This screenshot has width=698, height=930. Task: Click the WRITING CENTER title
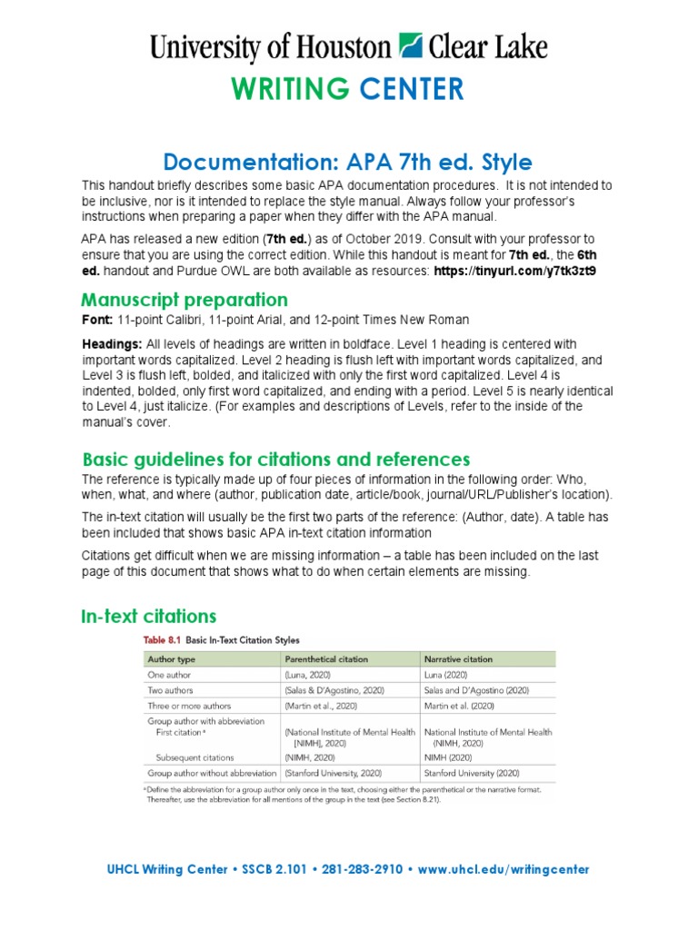pos(347,89)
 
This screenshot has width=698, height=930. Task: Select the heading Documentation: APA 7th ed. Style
pos(347,163)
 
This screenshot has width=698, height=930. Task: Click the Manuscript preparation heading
pos(184,300)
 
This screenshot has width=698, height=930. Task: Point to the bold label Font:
pos(97,320)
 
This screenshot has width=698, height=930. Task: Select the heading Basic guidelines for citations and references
pos(275,459)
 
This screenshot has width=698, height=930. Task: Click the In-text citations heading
pos(149,618)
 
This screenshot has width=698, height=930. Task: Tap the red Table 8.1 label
pos(162,640)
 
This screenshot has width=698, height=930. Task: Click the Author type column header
pos(173,658)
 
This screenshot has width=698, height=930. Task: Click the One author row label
pos(171,675)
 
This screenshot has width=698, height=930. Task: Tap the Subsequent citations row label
pos(194,757)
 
